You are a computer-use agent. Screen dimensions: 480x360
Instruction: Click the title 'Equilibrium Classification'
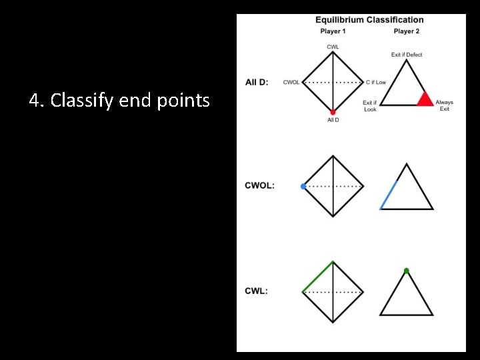click(369, 20)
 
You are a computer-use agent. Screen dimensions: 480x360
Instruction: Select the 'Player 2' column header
click(406, 31)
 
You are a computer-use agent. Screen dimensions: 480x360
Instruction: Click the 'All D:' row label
click(257, 82)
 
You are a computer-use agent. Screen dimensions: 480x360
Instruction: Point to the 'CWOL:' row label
click(259, 185)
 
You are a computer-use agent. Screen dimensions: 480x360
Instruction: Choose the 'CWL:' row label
click(256, 291)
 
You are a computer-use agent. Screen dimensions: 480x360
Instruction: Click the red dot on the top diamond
click(333, 113)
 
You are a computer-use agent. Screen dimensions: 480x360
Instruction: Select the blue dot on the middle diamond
click(303, 187)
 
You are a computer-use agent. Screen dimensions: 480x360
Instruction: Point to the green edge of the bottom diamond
click(317, 277)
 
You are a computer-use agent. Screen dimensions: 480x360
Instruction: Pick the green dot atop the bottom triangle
click(406, 271)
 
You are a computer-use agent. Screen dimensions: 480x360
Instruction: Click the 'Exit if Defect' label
click(407, 55)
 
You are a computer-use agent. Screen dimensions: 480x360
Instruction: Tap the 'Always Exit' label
click(444, 105)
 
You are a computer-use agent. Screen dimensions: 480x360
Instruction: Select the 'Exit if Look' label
click(370, 106)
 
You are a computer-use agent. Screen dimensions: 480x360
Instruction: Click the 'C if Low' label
click(376, 82)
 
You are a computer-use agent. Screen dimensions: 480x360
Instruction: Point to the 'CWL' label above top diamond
click(333, 47)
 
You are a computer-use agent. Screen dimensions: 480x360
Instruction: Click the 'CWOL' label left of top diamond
click(291, 82)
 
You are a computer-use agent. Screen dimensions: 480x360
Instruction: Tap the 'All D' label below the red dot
click(333, 120)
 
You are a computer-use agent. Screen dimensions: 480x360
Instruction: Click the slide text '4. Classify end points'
click(119, 101)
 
